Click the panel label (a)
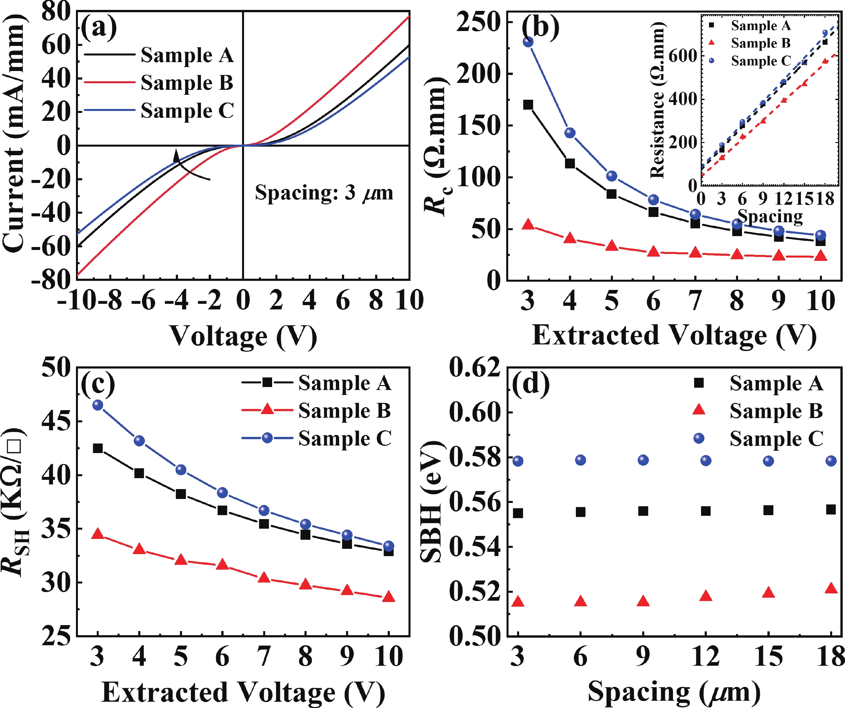tap(99, 27)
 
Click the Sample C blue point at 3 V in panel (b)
tap(528, 42)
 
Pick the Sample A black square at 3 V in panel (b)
tap(528, 105)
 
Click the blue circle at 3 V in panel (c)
tap(98, 405)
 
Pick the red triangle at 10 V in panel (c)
tap(389, 596)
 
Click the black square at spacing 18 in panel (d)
tap(831, 510)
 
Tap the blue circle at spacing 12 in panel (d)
tap(706, 460)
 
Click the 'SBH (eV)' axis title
tap(431, 501)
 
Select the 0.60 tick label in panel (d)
tap(475, 412)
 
